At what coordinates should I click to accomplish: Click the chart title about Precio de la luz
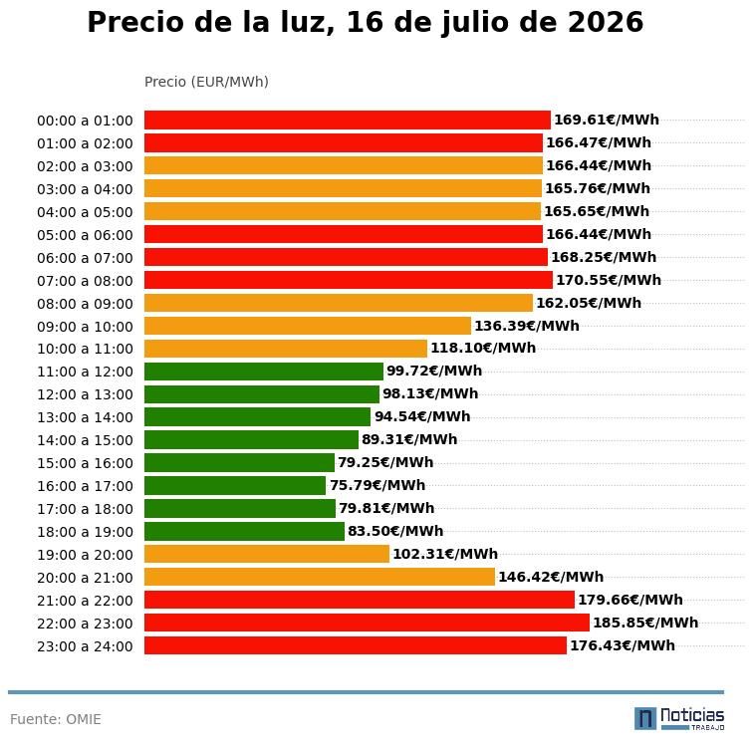click(365, 22)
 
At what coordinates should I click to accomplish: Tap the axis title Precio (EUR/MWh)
click(206, 82)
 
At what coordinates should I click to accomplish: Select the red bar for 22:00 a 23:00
click(367, 623)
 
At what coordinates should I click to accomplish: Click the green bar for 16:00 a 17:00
click(235, 485)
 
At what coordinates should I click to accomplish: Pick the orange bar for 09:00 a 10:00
click(308, 326)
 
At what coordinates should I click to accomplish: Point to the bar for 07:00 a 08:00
click(349, 280)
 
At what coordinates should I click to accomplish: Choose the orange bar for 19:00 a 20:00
click(267, 554)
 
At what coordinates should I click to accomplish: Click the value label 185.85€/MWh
click(645, 623)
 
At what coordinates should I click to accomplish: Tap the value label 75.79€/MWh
click(377, 485)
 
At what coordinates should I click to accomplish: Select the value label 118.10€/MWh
click(483, 348)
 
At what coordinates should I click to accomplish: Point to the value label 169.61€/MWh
click(607, 120)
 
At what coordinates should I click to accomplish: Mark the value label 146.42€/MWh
click(551, 577)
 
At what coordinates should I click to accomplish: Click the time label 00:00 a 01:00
click(85, 121)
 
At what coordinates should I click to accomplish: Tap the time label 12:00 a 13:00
click(85, 394)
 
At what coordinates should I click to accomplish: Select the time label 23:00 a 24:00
click(85, 646)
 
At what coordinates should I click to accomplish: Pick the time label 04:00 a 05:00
click(85, 212)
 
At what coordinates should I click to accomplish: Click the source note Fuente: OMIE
click(56, 719)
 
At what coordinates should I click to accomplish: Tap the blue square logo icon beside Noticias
click(645, 719)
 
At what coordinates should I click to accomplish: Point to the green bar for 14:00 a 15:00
click(251, 439)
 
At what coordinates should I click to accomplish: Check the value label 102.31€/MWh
click(445, 554)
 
